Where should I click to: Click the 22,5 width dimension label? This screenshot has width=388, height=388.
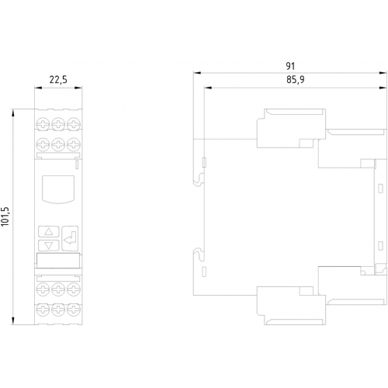click(x=58, y=80)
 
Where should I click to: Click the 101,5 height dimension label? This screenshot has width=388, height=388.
click(x=5, y=217)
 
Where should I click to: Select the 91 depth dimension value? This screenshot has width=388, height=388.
click(x=290, y=66)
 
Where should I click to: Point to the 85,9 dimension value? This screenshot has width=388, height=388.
click(x=296, y=80)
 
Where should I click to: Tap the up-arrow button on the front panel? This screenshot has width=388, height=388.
click(x=49, y=231)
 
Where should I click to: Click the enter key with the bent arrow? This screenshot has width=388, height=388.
click(x=70, y=238)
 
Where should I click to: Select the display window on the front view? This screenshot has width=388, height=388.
click(x=58, y=189)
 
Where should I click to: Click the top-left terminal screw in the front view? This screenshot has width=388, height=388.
click(x=43, y=123)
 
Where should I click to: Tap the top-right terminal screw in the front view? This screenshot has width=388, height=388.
click(x=74, y=123)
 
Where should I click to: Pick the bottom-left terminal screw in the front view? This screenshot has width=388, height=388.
click(x=43, y=310)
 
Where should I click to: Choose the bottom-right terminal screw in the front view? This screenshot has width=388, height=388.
click(x=74, y=310)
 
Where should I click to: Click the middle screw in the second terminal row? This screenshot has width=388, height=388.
click(x=58, y=144)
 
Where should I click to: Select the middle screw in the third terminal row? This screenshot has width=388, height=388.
click(x=58, y=289)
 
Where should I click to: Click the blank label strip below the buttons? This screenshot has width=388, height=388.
click(x=58, y=261)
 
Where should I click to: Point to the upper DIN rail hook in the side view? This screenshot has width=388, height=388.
click(x=199, y=179)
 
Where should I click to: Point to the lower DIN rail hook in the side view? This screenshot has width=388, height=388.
click(x=199, y=254)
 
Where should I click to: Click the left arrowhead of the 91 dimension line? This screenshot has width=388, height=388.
click(x=197, y=73)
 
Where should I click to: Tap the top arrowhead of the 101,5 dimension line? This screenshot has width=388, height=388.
click(x=13, y=113)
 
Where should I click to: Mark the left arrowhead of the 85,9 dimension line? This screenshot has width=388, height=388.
click(x=208, y=88)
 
